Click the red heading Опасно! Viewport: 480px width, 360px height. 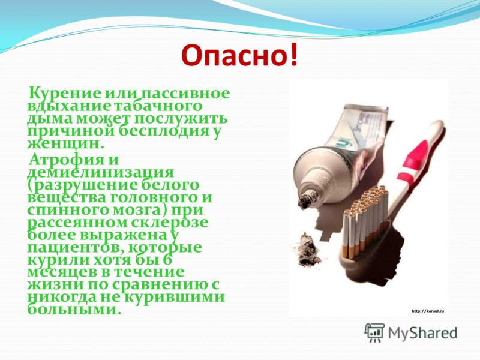[239, 56]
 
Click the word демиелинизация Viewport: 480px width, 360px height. [100, 173]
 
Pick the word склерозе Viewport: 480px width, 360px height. [170, 223]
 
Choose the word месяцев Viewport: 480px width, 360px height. [67, 272]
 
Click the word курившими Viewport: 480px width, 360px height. [175, 298]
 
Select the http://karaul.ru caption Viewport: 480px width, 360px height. [428, 311]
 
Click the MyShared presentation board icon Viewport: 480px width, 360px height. [374, 332]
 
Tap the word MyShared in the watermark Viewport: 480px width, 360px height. [422, 334]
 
